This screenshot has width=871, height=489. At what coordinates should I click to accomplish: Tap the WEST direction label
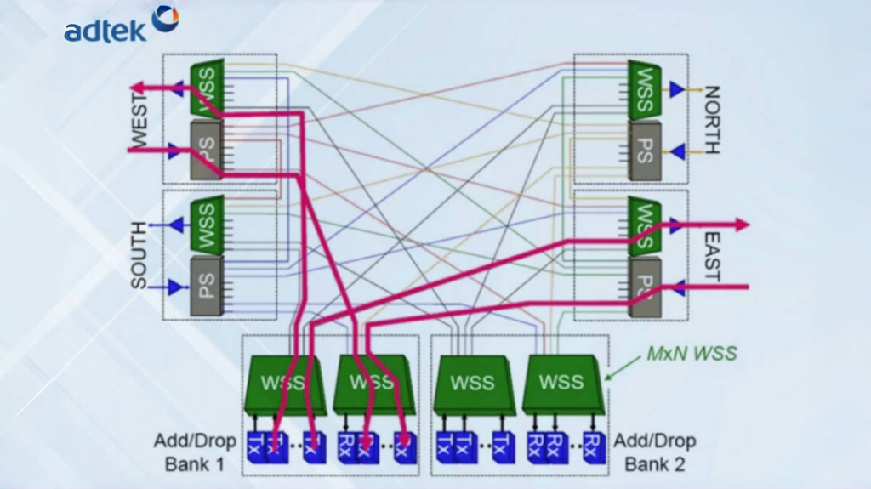coord(139,120)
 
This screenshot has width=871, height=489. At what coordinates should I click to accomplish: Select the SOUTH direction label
coord(139,254)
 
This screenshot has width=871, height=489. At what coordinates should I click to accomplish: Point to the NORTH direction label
coord(711,120)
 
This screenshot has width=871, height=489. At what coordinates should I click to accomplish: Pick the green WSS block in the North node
coord(644,89)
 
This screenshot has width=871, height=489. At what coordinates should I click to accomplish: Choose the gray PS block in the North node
coord(644,150)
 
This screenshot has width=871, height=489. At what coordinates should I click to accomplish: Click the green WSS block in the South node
coord(207,225)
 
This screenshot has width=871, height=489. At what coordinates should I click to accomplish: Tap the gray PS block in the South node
coord(207,285)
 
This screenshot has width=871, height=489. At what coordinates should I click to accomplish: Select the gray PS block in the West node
coord(207,150)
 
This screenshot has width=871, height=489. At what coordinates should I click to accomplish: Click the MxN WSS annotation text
coord(692,353)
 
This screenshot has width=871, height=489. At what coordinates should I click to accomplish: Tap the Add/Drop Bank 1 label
coord(195,452)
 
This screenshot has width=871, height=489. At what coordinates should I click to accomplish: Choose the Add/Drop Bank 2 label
coord(654,452)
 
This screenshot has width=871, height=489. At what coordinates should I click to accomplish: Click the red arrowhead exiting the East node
coord(742,225)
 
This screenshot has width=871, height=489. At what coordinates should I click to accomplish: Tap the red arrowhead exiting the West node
coord(136,87)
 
